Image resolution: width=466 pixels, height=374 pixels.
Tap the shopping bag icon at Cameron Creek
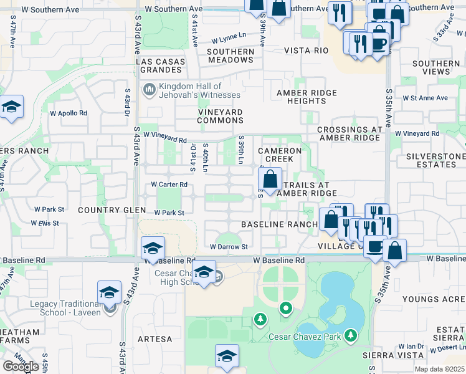click(270, 180)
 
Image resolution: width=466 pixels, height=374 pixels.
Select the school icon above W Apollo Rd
click(11, 107)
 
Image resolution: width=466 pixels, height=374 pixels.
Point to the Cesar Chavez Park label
click(305, 337)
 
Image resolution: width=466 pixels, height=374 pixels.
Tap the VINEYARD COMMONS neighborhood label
click(220, 116)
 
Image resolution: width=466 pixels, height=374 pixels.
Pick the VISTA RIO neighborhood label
click(306, 50)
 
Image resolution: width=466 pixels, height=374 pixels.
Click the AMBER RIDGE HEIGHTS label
click(307, 97)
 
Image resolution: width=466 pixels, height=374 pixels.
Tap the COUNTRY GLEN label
click(107, 210)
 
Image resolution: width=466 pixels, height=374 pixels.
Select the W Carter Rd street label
click(169, 185)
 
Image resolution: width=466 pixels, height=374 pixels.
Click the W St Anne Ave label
click(425, 98)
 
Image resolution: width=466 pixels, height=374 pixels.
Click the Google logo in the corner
click(21, 366)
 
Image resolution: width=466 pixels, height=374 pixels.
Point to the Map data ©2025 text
click(439, 369)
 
